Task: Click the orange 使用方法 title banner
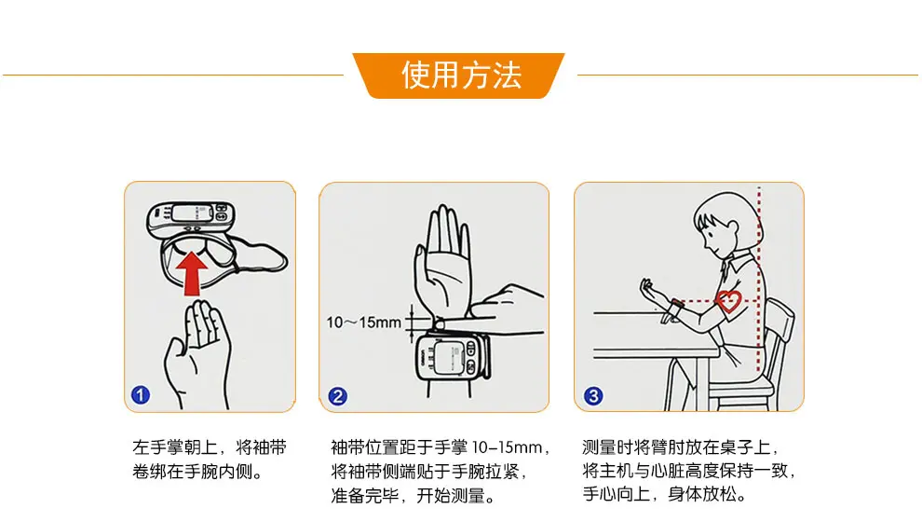pyautogui.click(x=458, y=76)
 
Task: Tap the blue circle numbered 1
pyautogui.click(x=141, y=394)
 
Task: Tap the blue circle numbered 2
pyautogui.click(x=337, y=396)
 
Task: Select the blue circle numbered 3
pyautogui.click(x=592, y=395)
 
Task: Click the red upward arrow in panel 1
pyautogui.click(x=192, y=273)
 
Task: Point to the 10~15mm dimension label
pyautogui.click(x=363, y=323)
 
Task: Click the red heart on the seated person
pyautogui.click(x=728, y=301)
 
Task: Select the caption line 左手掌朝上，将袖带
pyautogui.click(x=210, y=447)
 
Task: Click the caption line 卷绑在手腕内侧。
pyautogui.click(x=197, y=472)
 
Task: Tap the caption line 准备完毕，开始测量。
pyautogui.click(x=414, y=496)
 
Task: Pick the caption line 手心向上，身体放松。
pyautogui.click(x=664, y=494)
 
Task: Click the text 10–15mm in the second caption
pyautogui.click(x=507, y=447)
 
